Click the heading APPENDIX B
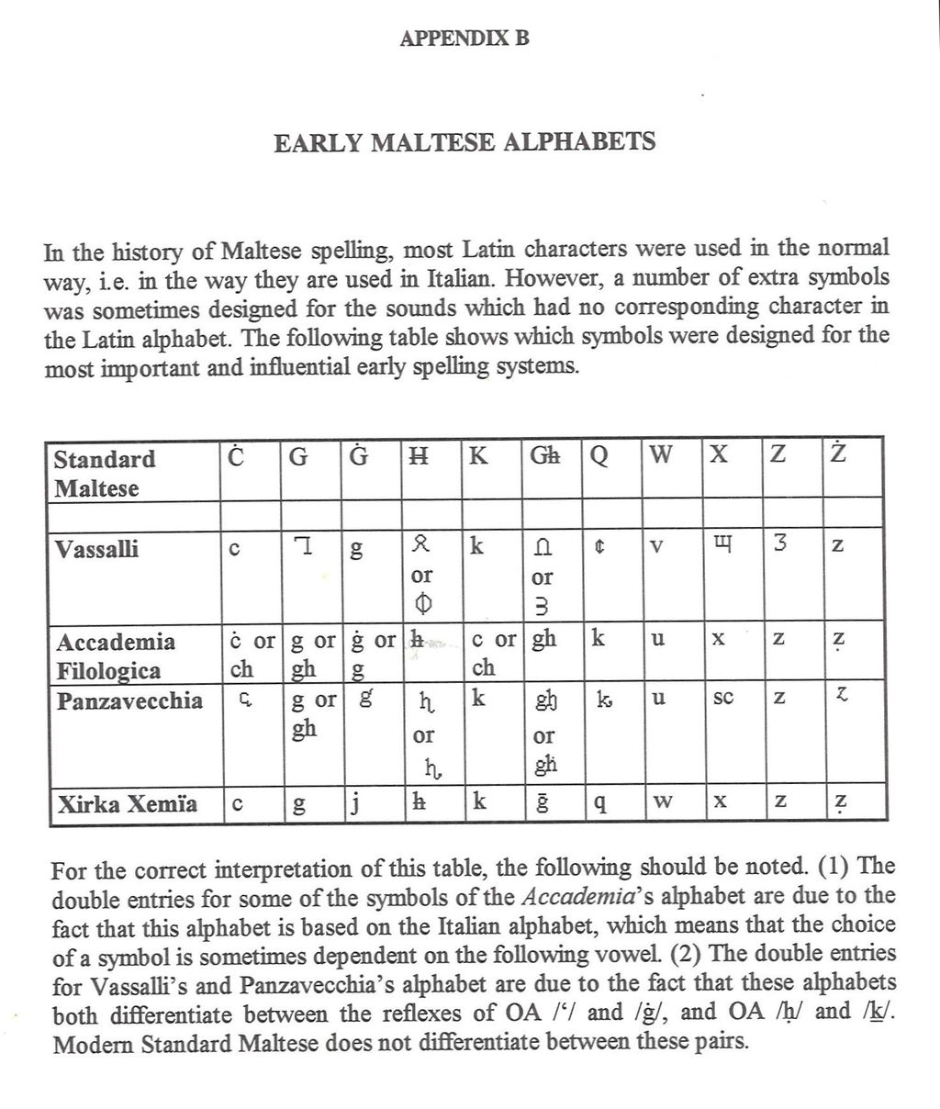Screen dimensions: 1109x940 tap(464, 39)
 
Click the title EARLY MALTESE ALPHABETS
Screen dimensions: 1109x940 tap(464, 143)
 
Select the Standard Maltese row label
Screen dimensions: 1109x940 tap(104, 473)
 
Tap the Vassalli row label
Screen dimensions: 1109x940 tap(96, 549)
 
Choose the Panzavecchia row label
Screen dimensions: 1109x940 tap(129, 701)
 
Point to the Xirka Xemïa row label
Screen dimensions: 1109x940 tap(127, 804)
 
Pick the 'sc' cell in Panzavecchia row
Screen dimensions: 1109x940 tap(722, 699)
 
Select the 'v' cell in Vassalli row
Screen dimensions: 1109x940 tap(657, 547)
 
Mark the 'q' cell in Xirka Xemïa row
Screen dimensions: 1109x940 tap(599, 806)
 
